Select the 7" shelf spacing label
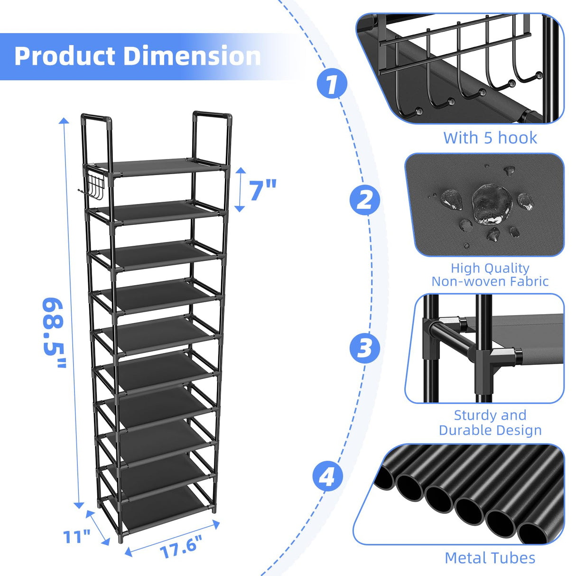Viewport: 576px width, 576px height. click(262, 190)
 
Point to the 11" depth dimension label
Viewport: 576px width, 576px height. click(77, 537)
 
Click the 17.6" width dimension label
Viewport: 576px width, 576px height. click(181, 546)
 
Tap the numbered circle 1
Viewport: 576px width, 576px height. click(332, 84)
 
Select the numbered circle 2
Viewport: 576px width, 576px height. click(364, 200)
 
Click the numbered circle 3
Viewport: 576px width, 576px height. click(364, 348)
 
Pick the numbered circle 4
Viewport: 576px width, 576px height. click(327, 476)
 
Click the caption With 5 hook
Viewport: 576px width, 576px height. click(490, 138)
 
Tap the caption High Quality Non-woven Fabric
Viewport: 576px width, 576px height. click(490, 275)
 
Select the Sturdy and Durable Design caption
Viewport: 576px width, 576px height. click(490, 423)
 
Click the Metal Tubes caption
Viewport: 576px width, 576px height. click(490, 558)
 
